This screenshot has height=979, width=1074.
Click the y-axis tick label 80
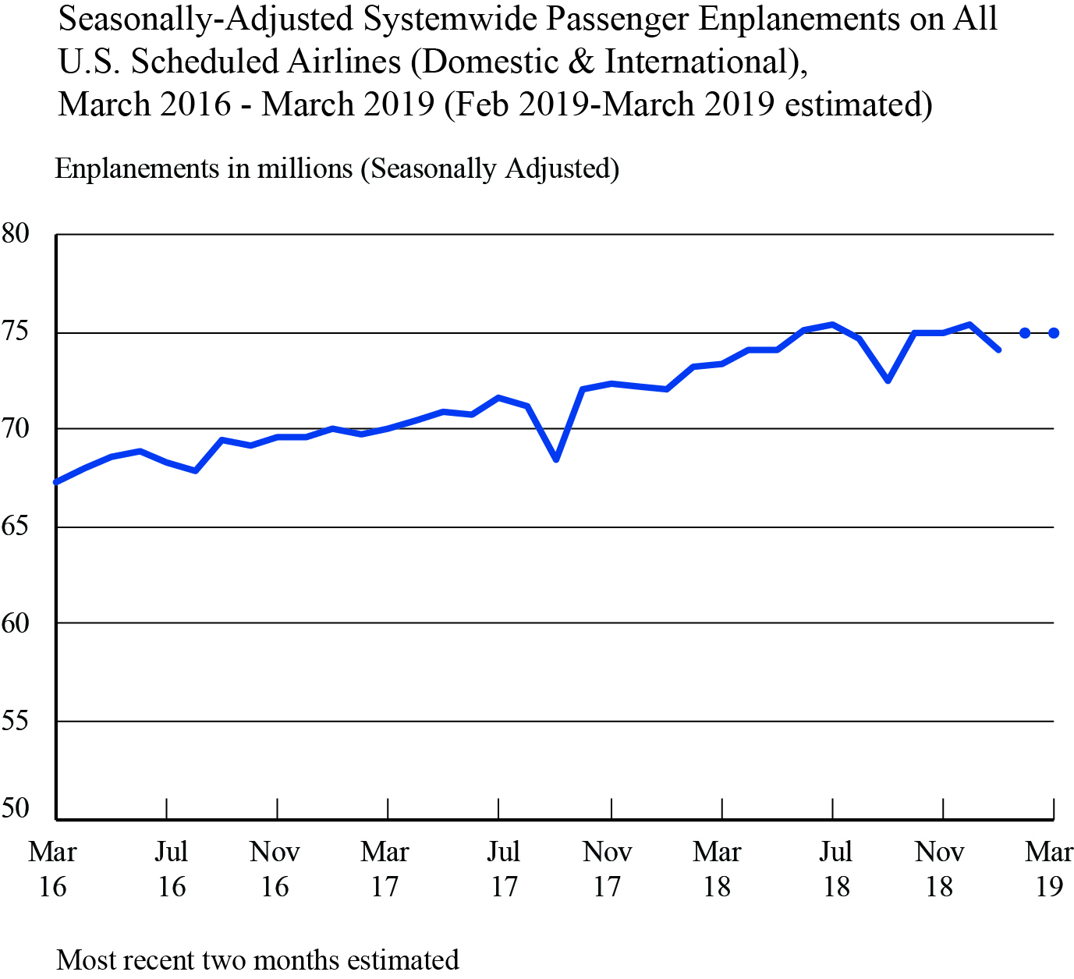coord(16,233)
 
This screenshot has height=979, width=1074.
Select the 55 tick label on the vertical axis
coord(16,720)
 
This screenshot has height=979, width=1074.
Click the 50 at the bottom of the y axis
coord(16,808)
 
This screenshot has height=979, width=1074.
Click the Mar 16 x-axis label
coord(52,869)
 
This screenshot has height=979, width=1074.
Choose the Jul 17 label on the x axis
coord(504,869)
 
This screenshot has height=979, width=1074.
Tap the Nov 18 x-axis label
coord(939,869)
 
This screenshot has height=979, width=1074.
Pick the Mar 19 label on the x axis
coord(1049,869)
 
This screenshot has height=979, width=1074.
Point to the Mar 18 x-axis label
coord(717,869)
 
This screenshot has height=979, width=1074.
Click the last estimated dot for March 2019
coord(1054,333)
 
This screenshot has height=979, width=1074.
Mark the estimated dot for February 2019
coord(1025,333)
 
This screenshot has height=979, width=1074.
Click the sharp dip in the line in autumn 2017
coord(556,459)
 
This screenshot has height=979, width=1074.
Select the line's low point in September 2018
coord(888,380)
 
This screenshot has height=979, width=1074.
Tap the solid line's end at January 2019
coord(998,349)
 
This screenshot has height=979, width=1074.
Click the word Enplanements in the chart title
coord(800,20)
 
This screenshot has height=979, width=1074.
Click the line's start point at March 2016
coord(56,482)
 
